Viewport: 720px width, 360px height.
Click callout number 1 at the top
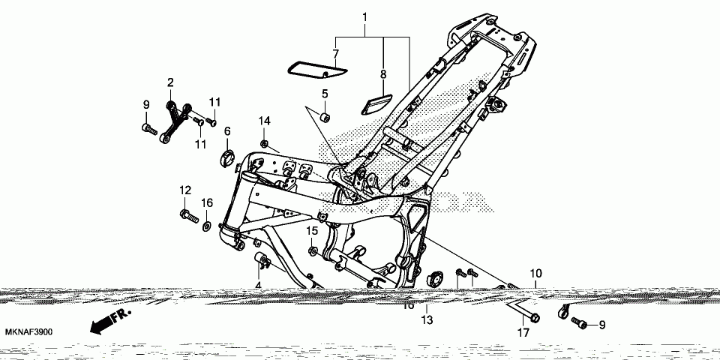click(365, 16)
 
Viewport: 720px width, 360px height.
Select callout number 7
click(335, 53)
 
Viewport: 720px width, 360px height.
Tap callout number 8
click(382, 74)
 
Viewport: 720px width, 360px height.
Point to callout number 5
click(325, 94)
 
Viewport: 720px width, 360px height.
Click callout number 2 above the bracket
click(170, 82)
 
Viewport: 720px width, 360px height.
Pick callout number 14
click(265, 121)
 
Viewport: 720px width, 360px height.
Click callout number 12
click(184, 191)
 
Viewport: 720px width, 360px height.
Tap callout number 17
click(523, 331)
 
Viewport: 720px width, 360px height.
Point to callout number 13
click(426, 320)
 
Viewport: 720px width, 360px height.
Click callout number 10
click(535, 274)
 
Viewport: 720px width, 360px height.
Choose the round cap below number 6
click(226, 157)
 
